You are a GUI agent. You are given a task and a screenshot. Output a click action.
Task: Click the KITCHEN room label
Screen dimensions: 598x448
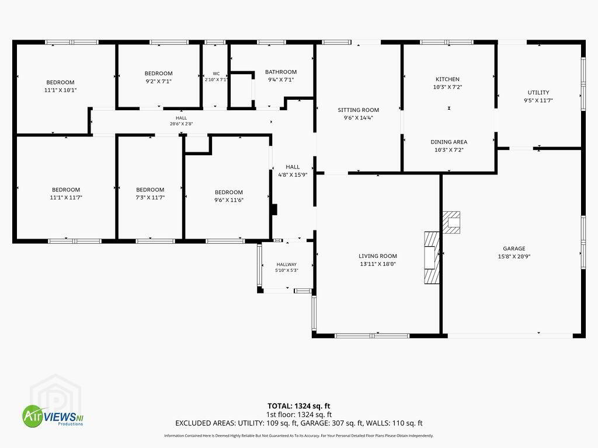click(447, 79)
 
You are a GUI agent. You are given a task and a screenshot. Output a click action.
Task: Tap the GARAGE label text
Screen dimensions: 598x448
click(514, 249)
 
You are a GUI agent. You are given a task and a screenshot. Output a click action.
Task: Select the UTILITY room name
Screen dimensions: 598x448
click(538, 93)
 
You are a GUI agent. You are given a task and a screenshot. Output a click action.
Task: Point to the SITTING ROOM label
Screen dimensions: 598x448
click(358, 110)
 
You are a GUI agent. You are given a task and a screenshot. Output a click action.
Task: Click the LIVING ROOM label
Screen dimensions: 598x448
click(378, 256)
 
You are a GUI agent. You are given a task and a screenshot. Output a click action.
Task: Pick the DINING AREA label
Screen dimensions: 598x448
click(449, 142)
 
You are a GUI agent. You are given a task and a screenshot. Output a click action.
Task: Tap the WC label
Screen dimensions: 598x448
click(216, 74)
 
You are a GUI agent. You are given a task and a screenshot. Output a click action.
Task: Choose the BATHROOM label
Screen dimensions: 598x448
click(281, 72)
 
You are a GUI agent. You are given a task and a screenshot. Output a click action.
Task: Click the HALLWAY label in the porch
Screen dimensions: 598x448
click(286, 264)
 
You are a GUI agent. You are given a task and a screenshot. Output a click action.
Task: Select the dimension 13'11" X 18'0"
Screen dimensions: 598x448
click(378, 264)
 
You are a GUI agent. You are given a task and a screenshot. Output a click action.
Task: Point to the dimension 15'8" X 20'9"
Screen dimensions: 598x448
click(514, 257)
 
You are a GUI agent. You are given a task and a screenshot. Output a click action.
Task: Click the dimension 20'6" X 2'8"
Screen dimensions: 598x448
click(181, 124)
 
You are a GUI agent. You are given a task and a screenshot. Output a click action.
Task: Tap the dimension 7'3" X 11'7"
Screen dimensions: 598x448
click(150, 197)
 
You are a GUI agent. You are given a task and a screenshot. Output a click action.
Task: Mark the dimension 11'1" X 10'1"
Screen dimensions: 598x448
click(60, 90)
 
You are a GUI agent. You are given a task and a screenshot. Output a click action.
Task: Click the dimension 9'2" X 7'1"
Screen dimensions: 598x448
click(158, 81)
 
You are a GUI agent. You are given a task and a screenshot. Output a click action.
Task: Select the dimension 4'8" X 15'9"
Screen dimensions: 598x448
click(293, 175)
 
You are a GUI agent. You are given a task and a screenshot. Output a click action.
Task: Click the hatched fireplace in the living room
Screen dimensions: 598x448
click(432, 257)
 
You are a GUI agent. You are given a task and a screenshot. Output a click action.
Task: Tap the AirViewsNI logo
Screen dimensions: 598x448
click(53, 415)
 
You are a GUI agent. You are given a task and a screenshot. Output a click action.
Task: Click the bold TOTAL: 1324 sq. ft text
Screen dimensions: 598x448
click(298, 406)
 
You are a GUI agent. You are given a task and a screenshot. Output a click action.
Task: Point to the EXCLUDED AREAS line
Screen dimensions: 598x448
click(298, 423)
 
